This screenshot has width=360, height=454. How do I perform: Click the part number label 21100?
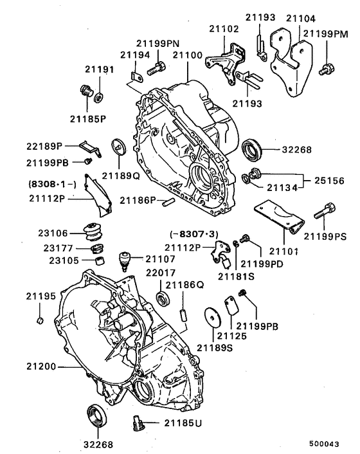(186, 57)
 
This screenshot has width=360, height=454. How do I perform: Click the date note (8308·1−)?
(52, 184)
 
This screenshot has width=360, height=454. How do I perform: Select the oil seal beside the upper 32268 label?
(252, 149)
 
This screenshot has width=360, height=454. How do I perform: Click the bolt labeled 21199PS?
(324, 210)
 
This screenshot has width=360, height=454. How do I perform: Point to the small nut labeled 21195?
(39, 319)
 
